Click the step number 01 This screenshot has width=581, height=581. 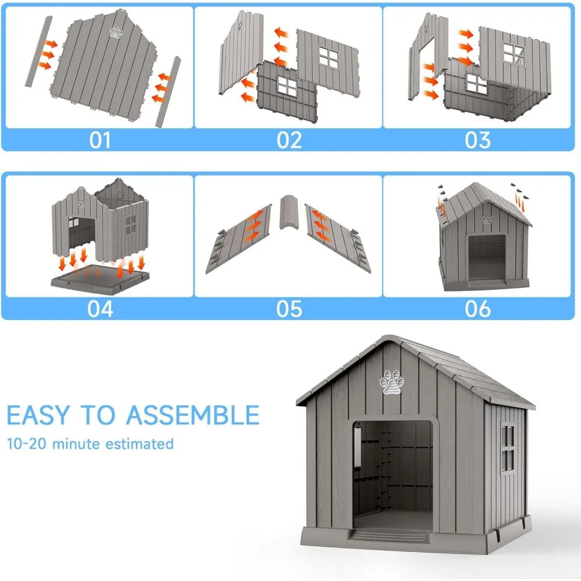click(x=99, y=139)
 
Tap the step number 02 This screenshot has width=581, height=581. click(x=289, y=139)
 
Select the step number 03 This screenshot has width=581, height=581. click(x=478, y=139)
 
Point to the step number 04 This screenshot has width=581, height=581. click(x=99, y=308)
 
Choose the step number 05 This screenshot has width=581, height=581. click(x=289, y=308)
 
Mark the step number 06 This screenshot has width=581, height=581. click(x=478, y=308)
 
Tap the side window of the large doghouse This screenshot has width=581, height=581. click(x=507, y=447)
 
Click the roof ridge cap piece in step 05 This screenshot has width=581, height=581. click(x=288, y=212)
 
